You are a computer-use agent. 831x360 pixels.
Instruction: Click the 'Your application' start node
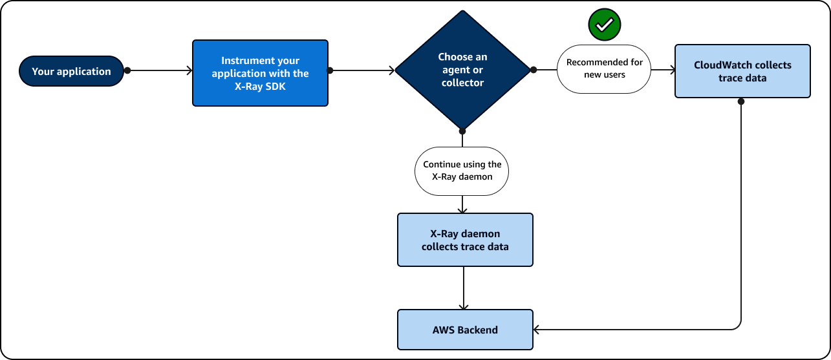[71, 71]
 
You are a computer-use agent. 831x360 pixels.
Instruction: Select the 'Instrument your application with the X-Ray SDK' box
[260, 73]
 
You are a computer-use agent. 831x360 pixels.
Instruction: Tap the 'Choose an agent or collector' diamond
[462, 70]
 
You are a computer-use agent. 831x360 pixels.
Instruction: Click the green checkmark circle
[604, 25]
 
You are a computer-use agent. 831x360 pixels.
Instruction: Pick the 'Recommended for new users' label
[604, 69]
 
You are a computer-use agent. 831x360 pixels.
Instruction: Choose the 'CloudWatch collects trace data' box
[742, 71]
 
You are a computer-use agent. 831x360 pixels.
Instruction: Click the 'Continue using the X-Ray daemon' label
[462, 171]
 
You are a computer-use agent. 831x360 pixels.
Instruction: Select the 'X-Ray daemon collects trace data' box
[465, 240]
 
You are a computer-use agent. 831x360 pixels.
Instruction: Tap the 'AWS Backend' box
[465, 330]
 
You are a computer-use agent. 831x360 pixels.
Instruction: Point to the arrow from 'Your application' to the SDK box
[158, 70]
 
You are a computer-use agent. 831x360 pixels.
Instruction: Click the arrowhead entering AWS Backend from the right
[537, 330]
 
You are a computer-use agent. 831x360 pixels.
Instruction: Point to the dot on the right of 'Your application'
[127, 70]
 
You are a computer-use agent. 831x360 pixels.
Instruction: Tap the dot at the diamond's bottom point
[463, 132]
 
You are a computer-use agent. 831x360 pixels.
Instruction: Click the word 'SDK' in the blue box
[275, 86]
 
